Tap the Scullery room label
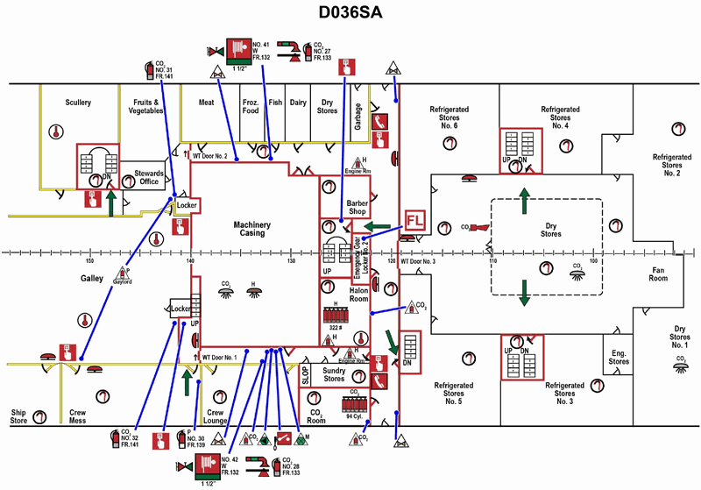click(x=78, y=103)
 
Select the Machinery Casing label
click(x=251, y=230)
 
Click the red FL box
click(x=414, y=223)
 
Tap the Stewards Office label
click(x=149, y=179)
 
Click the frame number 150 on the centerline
click(x=89, y=260)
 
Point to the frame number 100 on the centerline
click(x=593, y=260)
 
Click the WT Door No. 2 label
click(x=210, y=157)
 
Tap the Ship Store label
click(x=19, y=416)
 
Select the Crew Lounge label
click(x=216, y=416)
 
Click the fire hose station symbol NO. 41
click(x=237, y=49)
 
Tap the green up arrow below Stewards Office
click(x=111, y=202)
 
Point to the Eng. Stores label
click(x=619, y=357)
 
